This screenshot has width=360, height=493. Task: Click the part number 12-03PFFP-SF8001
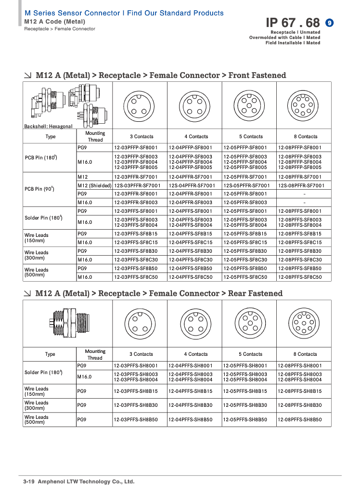tap(136, 147)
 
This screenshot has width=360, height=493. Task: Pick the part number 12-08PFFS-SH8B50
tap(300, 420)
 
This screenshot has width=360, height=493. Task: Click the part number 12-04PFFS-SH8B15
tap(190, 391)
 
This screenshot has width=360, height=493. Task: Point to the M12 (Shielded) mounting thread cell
tap(94, 185)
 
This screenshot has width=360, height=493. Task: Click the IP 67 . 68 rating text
tap(293, 23)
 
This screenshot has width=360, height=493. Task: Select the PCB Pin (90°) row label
tap(39, 189)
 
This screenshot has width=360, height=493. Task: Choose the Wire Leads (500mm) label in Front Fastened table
tap(37, 272)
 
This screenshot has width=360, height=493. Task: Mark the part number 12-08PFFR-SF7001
tap(300, 177)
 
